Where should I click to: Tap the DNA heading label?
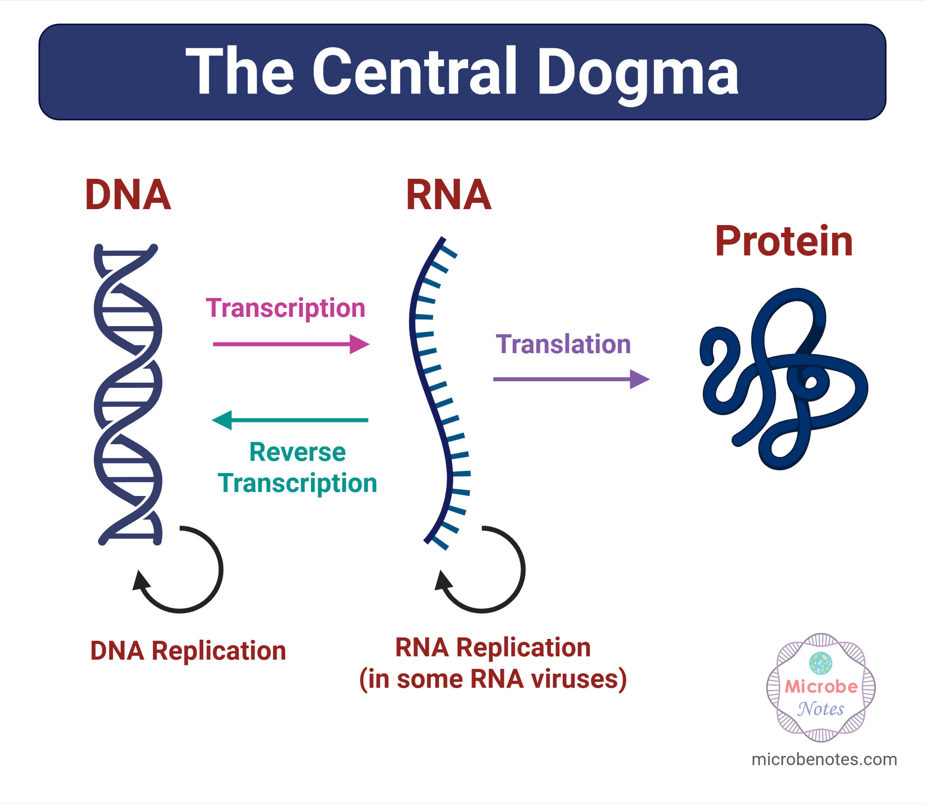[128, 195]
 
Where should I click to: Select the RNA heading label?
[448, 195]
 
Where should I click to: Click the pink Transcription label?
[286, 308]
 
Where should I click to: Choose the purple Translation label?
[563, 345]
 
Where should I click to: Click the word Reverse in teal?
[297, 452]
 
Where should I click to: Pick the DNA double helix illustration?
[128, 395]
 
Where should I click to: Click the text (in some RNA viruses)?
[493, 679]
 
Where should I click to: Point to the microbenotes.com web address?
[824, 759]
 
